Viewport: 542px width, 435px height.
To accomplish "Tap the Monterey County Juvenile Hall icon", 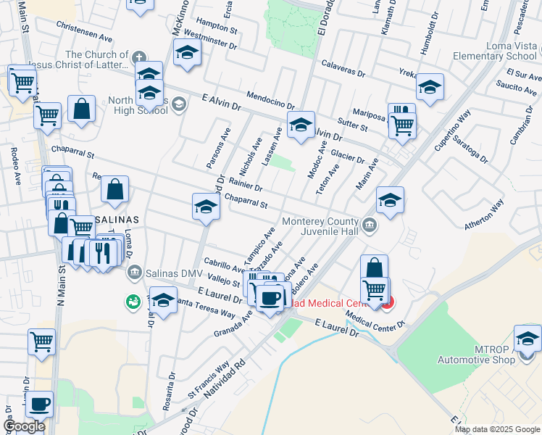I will point(370,225).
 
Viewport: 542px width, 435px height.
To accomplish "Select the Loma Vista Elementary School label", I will point(495,51).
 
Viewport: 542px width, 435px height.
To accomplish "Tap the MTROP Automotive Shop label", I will point(475,355).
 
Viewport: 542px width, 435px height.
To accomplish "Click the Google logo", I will point(25,427).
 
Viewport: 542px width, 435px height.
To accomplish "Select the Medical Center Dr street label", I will point(375,319).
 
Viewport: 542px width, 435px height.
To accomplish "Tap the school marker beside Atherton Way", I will point(390,201).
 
